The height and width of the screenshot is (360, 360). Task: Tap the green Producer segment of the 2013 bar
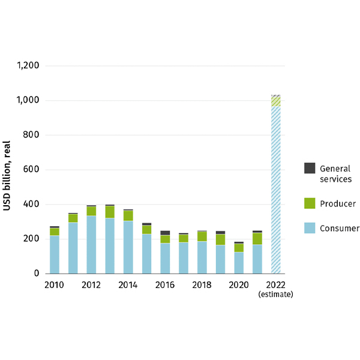[110, 212]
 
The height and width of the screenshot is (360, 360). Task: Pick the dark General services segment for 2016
[165, 233]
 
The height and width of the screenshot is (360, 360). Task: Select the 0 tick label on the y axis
[36, 274]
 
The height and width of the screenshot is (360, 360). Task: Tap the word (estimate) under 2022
[276, 295]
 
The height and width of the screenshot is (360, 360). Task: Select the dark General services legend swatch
[310, 168]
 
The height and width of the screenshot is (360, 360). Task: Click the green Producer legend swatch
[310, 203]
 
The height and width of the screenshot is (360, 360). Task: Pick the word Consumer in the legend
[339, 228]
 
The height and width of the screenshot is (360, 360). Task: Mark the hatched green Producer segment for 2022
[276, 101]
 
